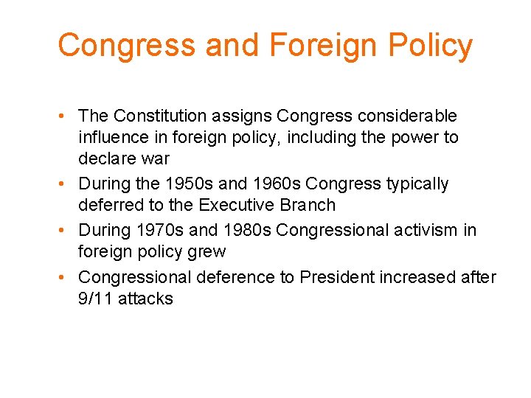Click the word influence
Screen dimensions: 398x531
click(x=113, y=137)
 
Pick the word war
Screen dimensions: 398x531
click(x=155, y=158)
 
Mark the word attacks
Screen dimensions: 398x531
click(x=146, y=298)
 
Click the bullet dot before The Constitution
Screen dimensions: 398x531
click(x=66, y=116)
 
